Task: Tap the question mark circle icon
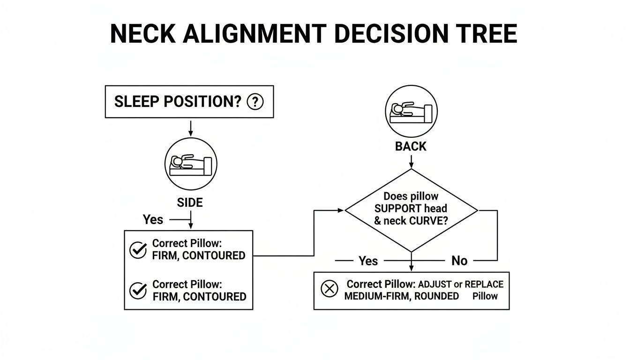pos(255,102)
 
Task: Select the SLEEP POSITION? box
pos(189,102)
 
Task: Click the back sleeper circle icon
pos(411,112)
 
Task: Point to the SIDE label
pos(190,202)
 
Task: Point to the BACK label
pos(411,147)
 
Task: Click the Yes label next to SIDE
pos(153,219)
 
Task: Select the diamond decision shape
pos(411,210)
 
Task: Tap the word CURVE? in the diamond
pos(427,221)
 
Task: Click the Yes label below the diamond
pos(368,261)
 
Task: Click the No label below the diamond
pos(459,261)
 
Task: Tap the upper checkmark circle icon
pos(138,250)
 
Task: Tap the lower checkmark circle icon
pos(138,291)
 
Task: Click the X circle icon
pos(329,289)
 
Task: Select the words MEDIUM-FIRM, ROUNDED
pos(401,296)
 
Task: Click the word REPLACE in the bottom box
pos(484,285)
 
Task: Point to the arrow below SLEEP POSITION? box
pos(190,127)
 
